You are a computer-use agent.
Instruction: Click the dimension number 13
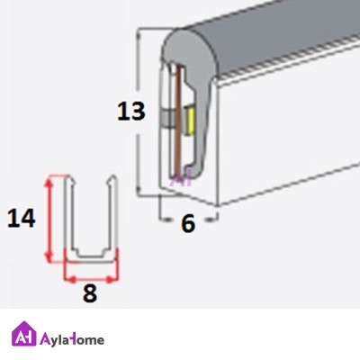pyautogui.click(x=131, y=112)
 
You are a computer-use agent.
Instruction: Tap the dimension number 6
pyautogui.click(x=188, y=223)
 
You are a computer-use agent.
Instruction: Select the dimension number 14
pyautogui.click(x=22, y=218)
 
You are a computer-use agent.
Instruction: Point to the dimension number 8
pyautogui.click(x=90, y=293)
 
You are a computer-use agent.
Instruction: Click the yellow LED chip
pyautogui.click(x=190, y=121)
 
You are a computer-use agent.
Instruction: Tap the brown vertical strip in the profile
pyautogui.click(x=179, y=121)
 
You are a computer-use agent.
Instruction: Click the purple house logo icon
pyautogui.click(x=24, y=334)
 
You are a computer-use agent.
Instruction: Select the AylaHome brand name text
pyautogui.click(x=72, y=340)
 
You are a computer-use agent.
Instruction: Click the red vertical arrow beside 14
pyautogui.click(x=49, y=219)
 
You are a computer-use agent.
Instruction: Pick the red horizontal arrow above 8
pyautogui.click(x=92, y=280)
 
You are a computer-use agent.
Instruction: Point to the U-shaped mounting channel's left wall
pyautogui.click(x=68, y=214)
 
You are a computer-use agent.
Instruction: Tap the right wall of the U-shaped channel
pyautogui.click(x=112, y=214)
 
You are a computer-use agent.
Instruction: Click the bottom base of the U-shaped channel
pyautogui.click(x=90, y=259)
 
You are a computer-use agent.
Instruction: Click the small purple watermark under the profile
pyautogui.click(x=180, y=180)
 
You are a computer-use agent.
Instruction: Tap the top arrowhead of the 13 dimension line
pyautogui.click(x=139, y=36)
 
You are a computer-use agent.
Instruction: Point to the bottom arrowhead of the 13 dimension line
pyautogui.click(x=139, y=190)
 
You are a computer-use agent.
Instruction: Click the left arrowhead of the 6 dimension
pyautogui.click(x=165, y=220)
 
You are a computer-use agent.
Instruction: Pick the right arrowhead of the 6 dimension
pyautogui.click(x=211, y=220)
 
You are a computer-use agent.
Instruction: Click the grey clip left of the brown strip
pyautogui.click(x=167, y=119)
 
